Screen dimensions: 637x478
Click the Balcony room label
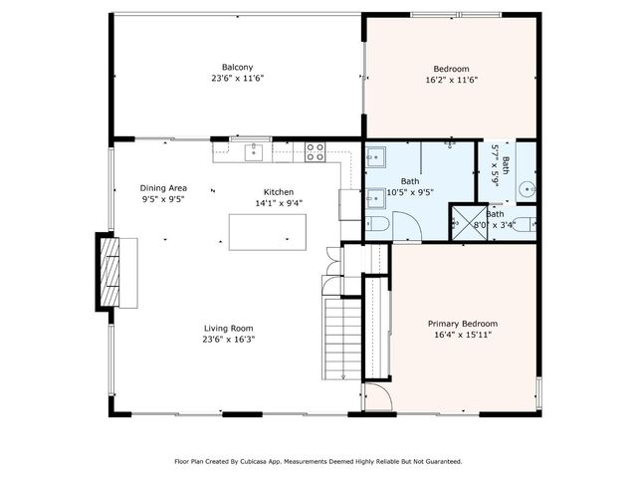237,67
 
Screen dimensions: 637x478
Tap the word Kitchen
279,192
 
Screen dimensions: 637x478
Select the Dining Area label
163,188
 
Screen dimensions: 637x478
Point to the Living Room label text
228,329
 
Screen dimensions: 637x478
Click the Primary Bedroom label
463,324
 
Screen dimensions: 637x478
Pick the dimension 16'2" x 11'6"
451,80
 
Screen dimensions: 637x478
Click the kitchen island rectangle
268,232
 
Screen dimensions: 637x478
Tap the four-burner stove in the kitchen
315,152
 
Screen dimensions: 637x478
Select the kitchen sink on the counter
254,152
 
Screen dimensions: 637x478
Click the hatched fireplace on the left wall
109,272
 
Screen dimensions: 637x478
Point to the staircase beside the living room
342,339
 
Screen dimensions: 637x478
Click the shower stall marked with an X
469,223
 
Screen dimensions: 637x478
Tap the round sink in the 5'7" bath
528,189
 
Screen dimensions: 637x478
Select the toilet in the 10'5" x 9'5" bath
377,224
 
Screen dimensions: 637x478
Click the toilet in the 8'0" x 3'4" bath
525,224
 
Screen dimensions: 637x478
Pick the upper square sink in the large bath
376,157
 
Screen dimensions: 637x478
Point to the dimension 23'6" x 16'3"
229,340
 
